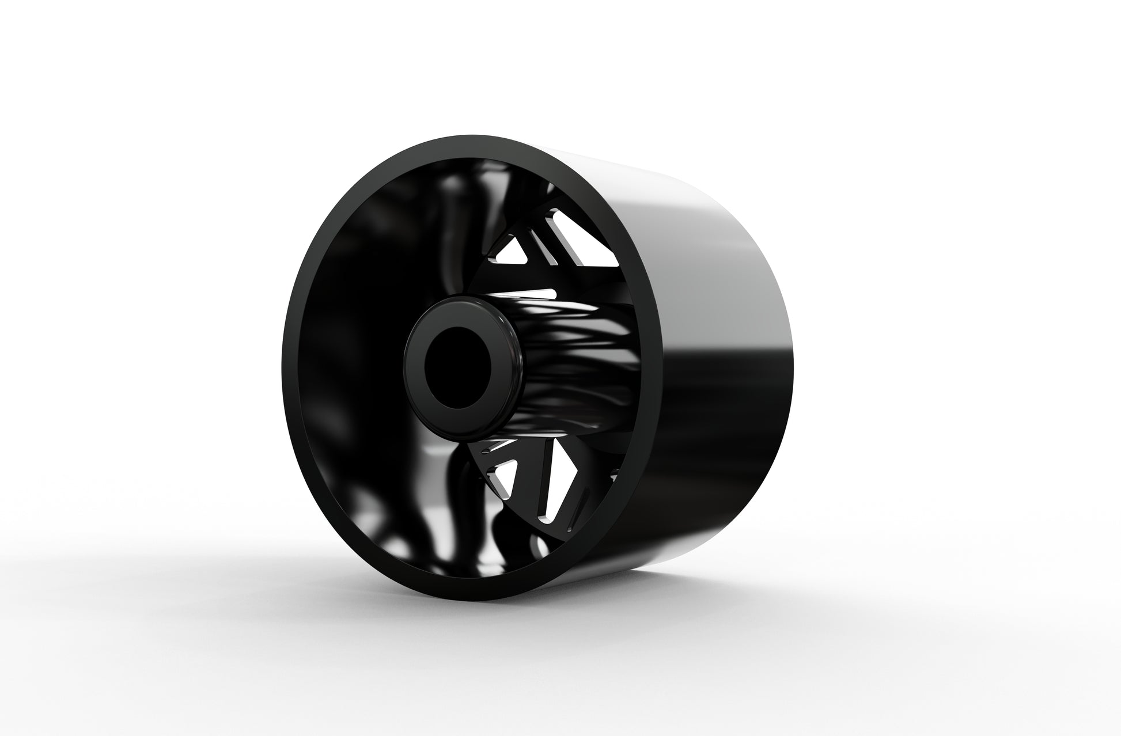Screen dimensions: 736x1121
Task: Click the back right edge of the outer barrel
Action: pos(798,357)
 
